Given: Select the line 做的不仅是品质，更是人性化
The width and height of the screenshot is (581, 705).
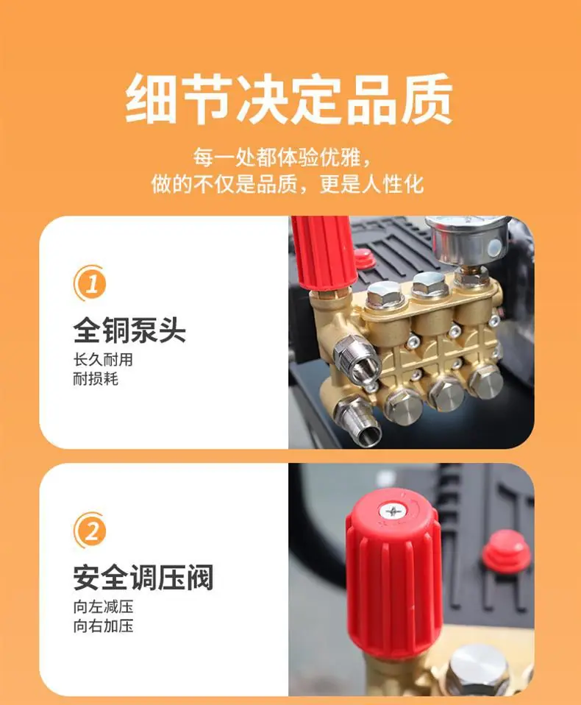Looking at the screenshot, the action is [x=288, y=183].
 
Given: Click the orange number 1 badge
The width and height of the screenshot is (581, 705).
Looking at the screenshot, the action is [x=90, y=283].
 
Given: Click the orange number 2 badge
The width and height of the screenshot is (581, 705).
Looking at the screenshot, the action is [x=90, y=531].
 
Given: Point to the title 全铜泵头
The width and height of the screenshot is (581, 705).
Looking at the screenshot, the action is [x=129, y=330].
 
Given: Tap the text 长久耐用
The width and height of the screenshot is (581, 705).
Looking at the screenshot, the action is [x=104, y=360].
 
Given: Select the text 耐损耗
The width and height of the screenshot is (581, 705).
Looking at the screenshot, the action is [x=96, y=379].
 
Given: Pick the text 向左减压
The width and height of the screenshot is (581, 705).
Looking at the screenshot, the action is [x=104, y=606].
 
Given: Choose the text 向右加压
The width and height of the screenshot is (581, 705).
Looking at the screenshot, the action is [x=104, y=626].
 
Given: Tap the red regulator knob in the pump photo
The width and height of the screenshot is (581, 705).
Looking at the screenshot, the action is [x=322, y=254].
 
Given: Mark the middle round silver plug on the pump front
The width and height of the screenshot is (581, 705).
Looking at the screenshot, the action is [x=445, y=396].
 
